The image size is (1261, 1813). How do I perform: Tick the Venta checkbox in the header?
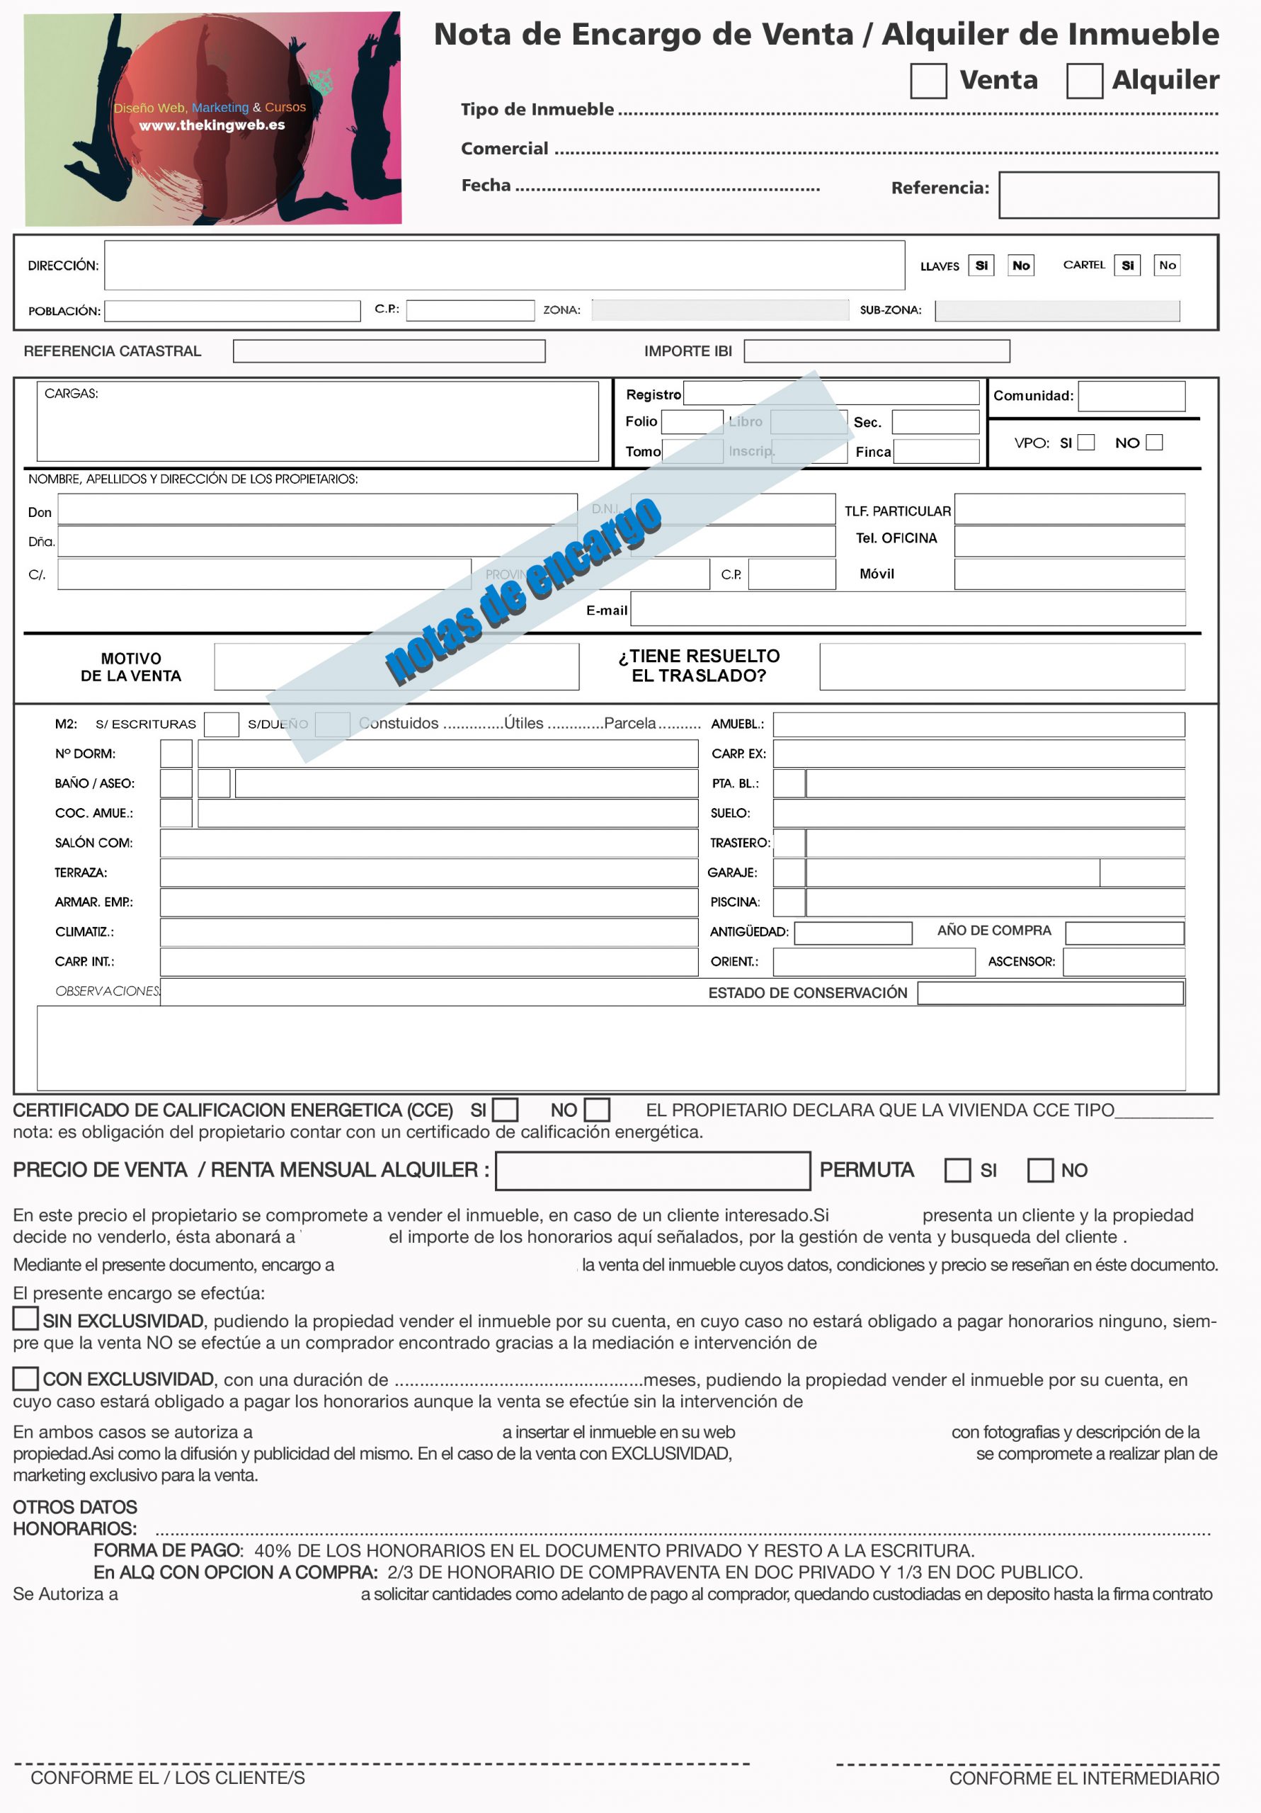(x=928, y=81)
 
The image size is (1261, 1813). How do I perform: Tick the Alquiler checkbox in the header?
(x=1084, y=81)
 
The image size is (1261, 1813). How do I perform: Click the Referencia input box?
(x=1108, y=195)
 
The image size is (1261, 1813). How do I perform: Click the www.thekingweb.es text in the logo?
(x=212, y=125)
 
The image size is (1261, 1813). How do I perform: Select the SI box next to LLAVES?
(x=981, y=266)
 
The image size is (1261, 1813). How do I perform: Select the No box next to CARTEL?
(x=1167, y=266)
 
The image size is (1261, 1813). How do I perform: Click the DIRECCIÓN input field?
(x=504, y=266)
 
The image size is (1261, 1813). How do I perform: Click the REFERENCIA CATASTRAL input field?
(x=389, y=351)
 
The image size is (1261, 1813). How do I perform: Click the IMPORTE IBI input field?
(x=877, y=351)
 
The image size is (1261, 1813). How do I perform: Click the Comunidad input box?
(x=1131, y=396)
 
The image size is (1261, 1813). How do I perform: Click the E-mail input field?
(x=907, y=609)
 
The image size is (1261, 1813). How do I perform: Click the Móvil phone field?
(x=1069, y=574)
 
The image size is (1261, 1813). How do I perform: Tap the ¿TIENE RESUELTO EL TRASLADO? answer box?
(x=1001, y=666)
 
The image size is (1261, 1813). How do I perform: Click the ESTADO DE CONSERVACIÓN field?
(x=1050, y=993)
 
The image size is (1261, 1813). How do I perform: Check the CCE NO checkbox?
(x=597, y=1110)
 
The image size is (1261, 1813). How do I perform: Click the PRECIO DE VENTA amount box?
(x=652, y=1170)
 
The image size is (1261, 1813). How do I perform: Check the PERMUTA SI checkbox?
(x=957, y=1170)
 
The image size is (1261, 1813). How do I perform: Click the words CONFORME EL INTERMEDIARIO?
(x=1083, y=1778)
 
